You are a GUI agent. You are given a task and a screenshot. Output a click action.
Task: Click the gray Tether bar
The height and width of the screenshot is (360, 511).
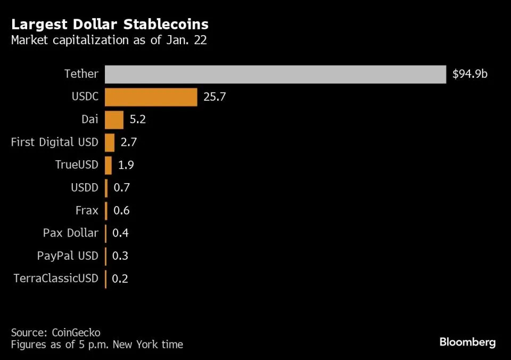(x=275, y=74)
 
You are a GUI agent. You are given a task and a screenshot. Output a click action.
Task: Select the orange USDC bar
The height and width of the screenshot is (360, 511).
(x=151, y=97)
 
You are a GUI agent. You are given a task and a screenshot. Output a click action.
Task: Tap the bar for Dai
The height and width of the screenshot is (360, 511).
(x=114, y=120)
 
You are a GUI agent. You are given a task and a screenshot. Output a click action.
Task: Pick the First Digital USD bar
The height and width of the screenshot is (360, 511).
(x=110, y=142)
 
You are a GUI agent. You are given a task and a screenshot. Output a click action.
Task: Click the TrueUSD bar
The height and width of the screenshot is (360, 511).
(x=108, y=165)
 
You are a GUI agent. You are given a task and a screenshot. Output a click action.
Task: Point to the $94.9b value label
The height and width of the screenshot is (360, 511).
(x=469, y=74)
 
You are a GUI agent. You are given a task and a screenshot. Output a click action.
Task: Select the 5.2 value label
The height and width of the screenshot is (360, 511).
(x=137, y=120)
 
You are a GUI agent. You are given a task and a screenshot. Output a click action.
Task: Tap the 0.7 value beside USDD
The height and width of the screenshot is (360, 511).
(x=121, y=188)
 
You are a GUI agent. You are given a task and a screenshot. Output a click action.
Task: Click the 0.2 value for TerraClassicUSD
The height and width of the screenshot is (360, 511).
(x=120, y=279)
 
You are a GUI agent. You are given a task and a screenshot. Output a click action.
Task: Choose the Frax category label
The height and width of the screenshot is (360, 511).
(x=87, y=210)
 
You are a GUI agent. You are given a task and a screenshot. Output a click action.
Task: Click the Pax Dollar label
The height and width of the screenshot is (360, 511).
(x=70, y=233)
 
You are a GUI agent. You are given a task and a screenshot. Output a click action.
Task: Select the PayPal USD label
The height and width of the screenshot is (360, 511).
(x=68, y=256)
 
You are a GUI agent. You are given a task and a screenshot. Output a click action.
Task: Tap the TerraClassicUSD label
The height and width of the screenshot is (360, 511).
(x=55, y=279)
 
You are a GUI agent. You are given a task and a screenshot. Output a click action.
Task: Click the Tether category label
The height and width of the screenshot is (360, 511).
(x=81, y=74)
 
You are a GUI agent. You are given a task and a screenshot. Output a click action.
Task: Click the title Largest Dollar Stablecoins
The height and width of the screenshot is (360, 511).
(x=110, y=24)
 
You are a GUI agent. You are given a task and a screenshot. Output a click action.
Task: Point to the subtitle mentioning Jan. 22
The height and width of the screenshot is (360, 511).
(x=109, y=40)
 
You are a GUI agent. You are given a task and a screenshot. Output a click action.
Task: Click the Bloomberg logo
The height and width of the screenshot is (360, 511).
(x=467, y=342)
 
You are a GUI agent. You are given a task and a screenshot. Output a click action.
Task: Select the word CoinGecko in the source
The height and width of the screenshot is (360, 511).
(x=76, y=332)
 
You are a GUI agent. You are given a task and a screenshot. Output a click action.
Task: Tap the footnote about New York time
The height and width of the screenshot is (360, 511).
(x=97, y=345)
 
